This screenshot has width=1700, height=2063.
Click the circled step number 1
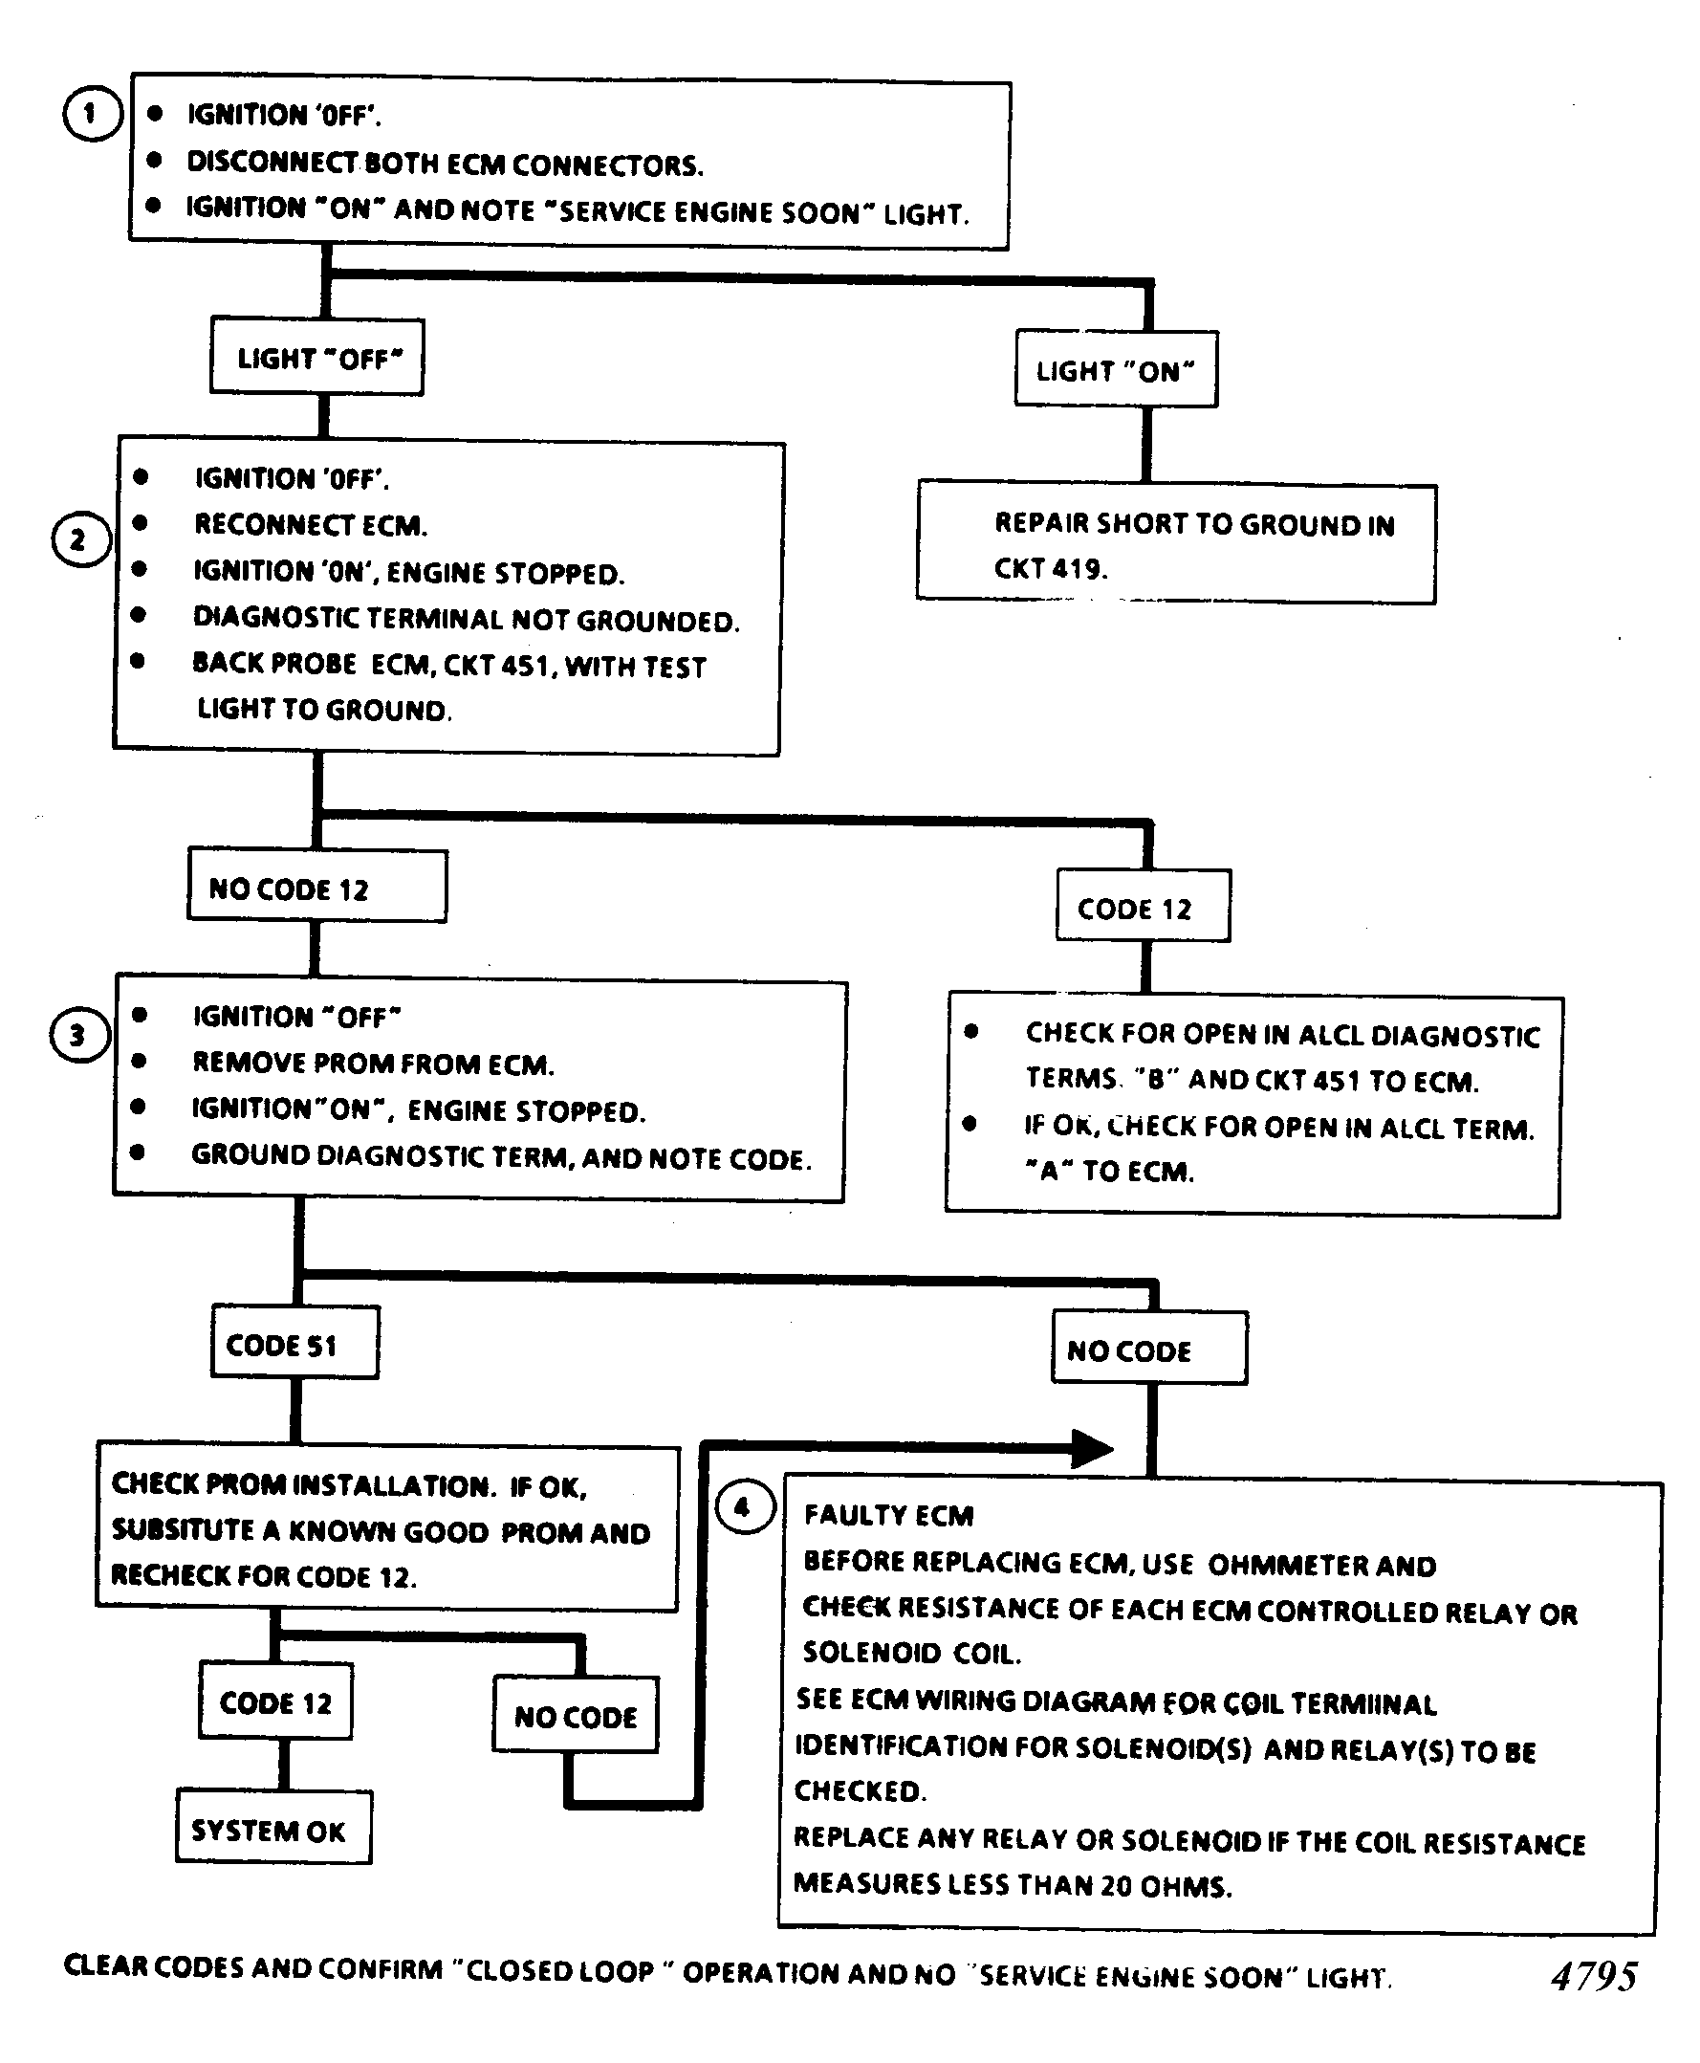point(91,114)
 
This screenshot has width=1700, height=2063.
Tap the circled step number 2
point(79,539)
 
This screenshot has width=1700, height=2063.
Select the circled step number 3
point(78,1036)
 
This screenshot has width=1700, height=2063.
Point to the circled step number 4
point(744,1507)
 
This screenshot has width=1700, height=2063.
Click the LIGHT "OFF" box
point(317,357)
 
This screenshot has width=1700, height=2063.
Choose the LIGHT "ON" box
point(1117,369)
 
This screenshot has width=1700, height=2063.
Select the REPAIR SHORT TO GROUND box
point(1177,542)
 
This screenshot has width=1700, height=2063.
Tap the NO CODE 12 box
point(317,886)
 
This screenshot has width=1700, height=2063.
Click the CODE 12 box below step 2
point(1143,906)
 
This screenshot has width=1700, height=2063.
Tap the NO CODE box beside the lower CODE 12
point(576,1715)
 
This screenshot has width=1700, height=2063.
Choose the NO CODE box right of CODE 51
point(1149,1348)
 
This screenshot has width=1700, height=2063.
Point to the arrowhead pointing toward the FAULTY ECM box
point(1093,1449)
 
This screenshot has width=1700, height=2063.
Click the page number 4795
point(1594,1976)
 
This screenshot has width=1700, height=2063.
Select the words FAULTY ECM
point(889,1515)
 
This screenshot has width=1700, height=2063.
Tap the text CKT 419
point(1051,568)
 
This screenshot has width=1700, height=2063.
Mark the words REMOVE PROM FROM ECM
point(373,1063)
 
